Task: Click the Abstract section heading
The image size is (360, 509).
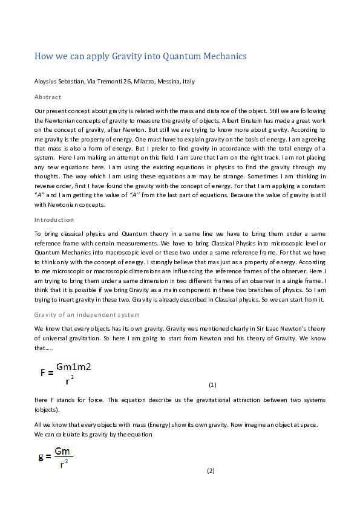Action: click(x=48, y=97)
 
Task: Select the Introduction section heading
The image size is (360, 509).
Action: click(x=54, y=219)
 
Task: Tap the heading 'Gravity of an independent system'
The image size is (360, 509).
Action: click(x=87, y=314)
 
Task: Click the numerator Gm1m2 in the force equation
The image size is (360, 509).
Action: click(x=74, y=366)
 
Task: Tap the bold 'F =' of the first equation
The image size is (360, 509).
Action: click(x=47, y=373)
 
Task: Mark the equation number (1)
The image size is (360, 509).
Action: click(x=212, y=384)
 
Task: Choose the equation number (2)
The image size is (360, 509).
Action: click(x=211, y=470)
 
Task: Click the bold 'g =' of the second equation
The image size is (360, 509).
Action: click(x=44, y=457)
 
